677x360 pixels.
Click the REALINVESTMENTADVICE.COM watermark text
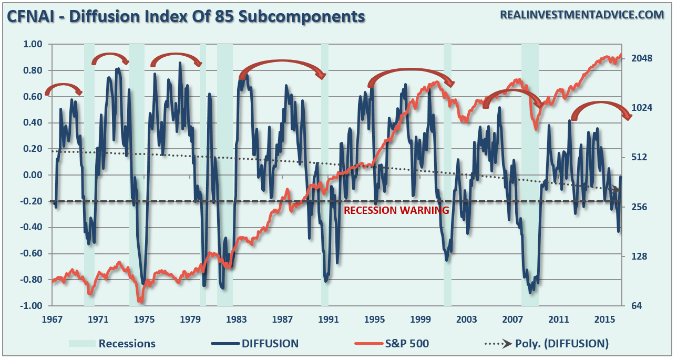(x=582, y=15)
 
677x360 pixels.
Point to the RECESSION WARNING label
(x=396, y=210)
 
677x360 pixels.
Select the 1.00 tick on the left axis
(x=33, y=44)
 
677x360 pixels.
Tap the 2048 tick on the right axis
(x=641, y=58)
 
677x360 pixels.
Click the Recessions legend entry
(x=127, y=344)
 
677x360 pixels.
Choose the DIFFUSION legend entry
(x=270, y=344)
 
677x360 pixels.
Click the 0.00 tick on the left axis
(x=33, y=175)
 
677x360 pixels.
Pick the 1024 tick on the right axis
(x=641, y=108)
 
